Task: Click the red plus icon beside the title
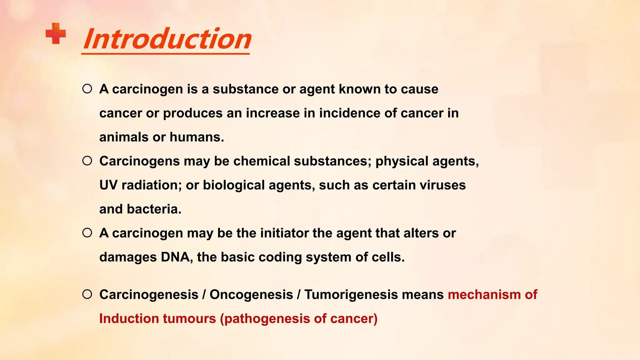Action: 56,33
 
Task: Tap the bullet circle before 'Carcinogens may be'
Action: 87,161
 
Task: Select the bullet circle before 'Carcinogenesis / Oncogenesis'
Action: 87,294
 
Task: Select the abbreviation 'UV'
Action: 108,185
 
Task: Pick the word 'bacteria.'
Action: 154,209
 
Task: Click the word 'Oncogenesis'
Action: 251,295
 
